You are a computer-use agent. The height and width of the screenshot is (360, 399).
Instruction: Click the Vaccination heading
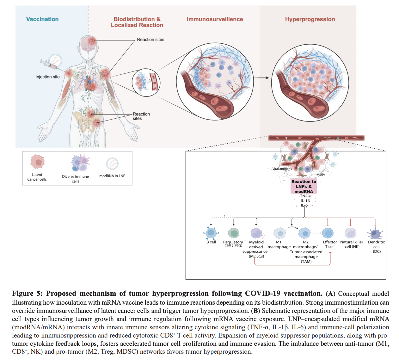(x=42, y=19)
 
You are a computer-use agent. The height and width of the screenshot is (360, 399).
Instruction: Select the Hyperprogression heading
(x=310, y=19)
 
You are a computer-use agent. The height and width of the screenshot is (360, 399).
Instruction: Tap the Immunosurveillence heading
(x=215, y=19)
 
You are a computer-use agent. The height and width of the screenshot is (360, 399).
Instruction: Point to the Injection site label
(x=47, y=77)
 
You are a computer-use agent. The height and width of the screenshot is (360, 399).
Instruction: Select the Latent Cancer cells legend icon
(x=38, y=162)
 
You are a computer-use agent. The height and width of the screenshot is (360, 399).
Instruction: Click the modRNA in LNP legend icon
(x=112, y=164)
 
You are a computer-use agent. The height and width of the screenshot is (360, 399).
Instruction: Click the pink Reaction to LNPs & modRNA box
(x=304, y=186)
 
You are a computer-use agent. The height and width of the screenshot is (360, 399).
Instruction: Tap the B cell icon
(x=211, y=233)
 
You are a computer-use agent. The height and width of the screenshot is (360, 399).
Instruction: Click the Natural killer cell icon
(x=350, y=233)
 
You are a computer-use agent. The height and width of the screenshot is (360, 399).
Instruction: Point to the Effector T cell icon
(x=328, y=233)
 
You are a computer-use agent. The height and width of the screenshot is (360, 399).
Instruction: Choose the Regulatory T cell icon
(x=234, y=233)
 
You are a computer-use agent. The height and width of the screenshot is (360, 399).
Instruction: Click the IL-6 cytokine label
(x=304, y=205)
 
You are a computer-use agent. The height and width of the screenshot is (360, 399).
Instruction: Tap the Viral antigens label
(x=282, y=169)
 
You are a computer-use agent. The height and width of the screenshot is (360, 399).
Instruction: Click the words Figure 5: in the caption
(x=27, y=294)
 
